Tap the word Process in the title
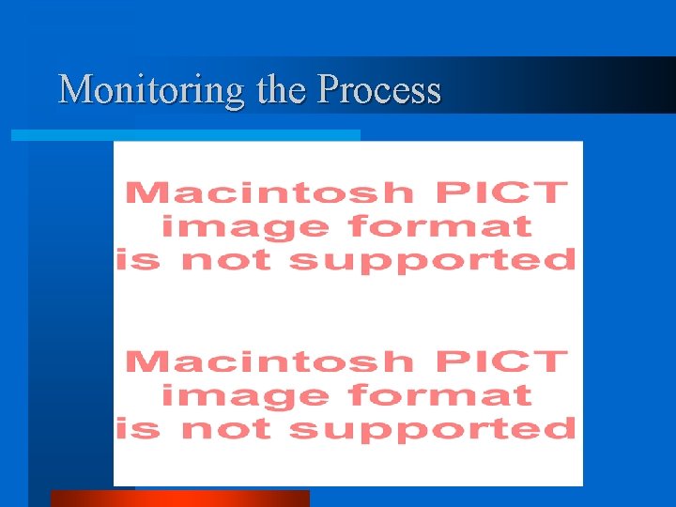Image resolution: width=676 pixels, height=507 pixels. [x=379, y=90]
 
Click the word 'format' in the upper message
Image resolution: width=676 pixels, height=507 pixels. [x=439, y=227]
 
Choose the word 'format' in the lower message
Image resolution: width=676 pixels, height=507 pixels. [x=439, y=395]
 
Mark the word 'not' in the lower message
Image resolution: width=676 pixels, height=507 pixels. [x=224, y=429]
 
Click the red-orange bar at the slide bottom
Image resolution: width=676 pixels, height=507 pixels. [x=178, y=499]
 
